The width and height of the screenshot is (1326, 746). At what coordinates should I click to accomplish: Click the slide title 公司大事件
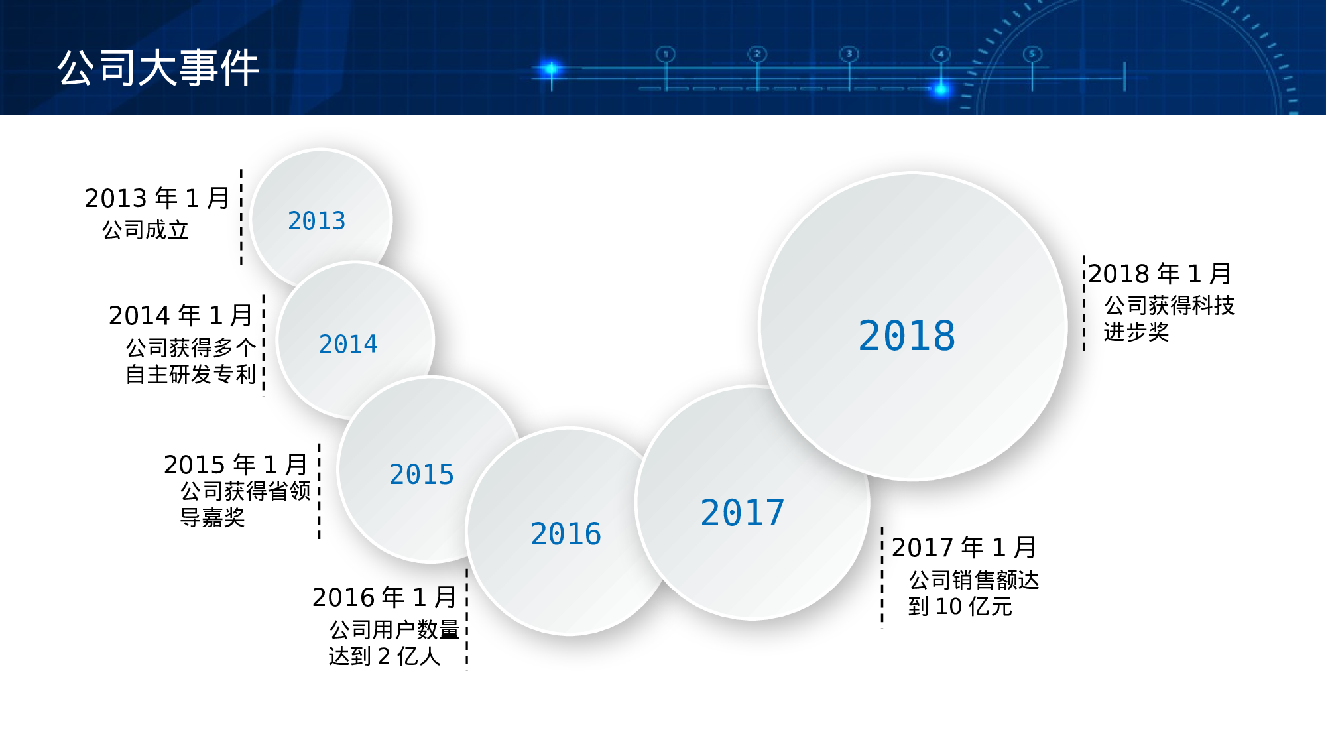pyautogui.click(x=158, y=68)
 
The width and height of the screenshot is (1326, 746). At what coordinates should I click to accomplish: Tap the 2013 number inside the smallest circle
pyautogui.click(x=317, y=221)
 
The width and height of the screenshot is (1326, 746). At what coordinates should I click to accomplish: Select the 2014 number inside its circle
pyautogui.click(x=348, y=344)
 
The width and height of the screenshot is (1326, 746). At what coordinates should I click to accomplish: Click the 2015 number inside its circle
pyautogui.click(x=422, y=475)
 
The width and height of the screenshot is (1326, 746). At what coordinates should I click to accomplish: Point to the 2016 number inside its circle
pyautogui.click(x=566, y=534)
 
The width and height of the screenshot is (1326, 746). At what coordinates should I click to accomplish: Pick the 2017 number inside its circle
pyautogui.click(x=743, y=513)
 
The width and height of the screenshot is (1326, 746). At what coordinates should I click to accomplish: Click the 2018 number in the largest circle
pyautogui.click(x=907, y=336)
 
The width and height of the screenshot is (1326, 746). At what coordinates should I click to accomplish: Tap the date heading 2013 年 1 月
pyautogui.click(x=157, y=198)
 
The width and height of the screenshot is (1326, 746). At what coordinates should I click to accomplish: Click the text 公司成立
pyautogui.click(x=145, y=230)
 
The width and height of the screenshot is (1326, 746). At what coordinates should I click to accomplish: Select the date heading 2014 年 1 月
pyautogui.click(x=180, y=316)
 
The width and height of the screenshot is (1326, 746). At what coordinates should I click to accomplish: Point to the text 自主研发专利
pyautogui.click(x=191, y=375)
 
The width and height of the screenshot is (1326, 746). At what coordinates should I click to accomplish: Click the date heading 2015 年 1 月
pyautogui.click(x=235, y=465)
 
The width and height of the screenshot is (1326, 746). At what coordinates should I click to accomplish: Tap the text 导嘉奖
pyautogui.click(x=213, y=517)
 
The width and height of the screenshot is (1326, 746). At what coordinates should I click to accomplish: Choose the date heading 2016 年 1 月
pyautogui.click(x=385, y=597)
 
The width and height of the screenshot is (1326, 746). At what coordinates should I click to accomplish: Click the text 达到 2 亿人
pyautogui.click(x=385, y=656)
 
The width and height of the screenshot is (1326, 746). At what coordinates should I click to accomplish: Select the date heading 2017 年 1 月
pyautogui.click(x=963, y=548)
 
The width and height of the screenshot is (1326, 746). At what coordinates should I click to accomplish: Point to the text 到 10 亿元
pyautogui.click(x=960, y=606)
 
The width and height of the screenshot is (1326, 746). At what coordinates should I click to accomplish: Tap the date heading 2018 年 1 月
pyautogui.click(x=1160, y=273)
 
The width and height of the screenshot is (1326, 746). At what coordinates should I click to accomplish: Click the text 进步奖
pyautogui.click(x=1136, y=332)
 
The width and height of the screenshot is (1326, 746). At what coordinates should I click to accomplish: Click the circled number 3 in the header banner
pyautogui.click(x=849, y=54)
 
